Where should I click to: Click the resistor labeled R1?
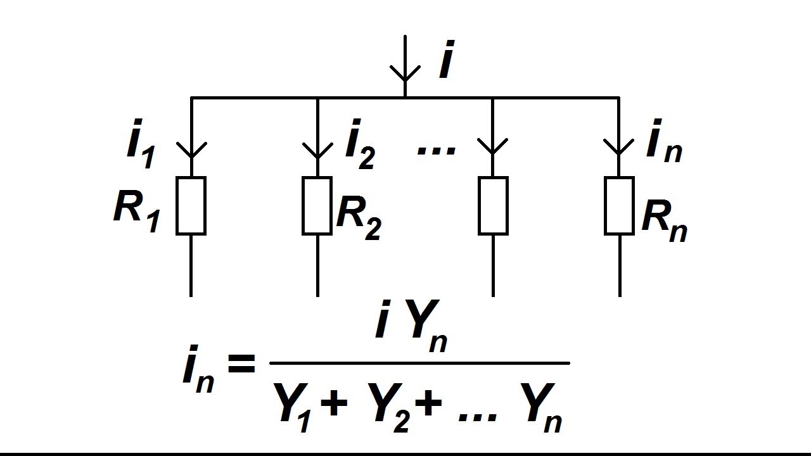(x=191, y=206)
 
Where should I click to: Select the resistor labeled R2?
(x=317, y=206)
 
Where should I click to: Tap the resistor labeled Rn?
(x=619, y=206)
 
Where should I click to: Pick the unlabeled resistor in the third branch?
(x=493, y=206)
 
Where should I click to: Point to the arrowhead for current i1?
(x=191, y=150)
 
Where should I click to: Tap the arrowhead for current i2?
(x=317, y=150)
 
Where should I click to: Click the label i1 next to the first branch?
(x=141, y=143)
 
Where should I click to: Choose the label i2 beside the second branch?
(x=361, y=144)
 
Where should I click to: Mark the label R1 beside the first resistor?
(x=136, y=212)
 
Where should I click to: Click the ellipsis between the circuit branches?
(x=436, y=151)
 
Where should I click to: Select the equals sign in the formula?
(x=241, y=364)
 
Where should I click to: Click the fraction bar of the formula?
(x=419, y=363)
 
